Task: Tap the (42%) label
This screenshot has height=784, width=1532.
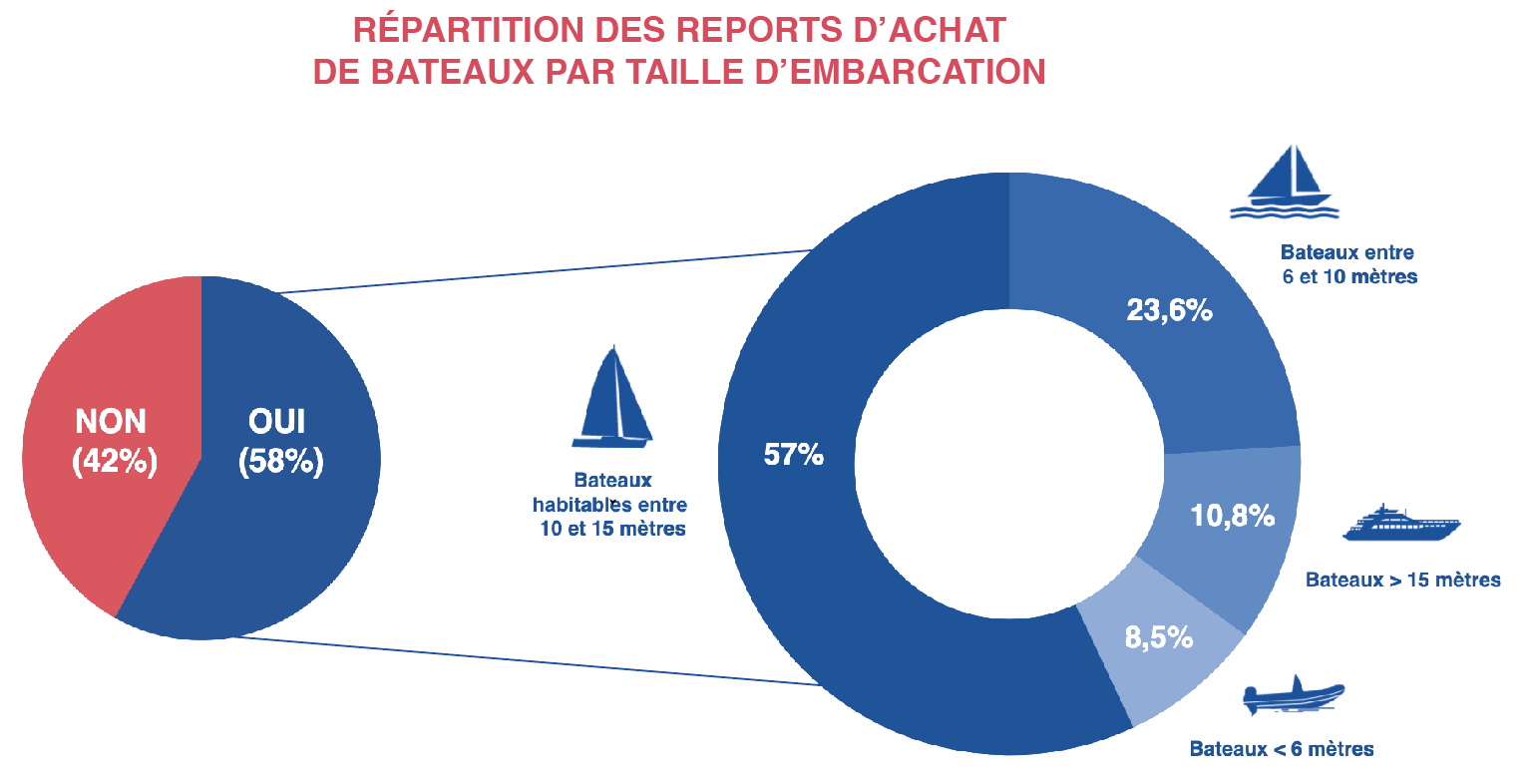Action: point(115,462)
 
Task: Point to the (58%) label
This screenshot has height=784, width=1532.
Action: point(281,462)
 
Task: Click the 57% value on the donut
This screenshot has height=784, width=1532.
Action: point(794,455)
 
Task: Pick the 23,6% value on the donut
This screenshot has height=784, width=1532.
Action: point(1169,310)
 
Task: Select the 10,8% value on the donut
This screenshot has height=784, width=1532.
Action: point(1233,516)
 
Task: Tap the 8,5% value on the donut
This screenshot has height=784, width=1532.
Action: point(1159,637)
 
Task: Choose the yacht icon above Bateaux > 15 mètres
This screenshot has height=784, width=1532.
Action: point(1400,524)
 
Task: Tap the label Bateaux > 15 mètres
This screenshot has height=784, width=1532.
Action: point(1402,580)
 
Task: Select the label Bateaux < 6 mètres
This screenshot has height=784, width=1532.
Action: point(1282,749)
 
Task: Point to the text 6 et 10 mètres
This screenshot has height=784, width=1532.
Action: point(1349,276)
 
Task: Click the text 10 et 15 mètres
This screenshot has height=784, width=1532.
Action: point(612,530)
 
